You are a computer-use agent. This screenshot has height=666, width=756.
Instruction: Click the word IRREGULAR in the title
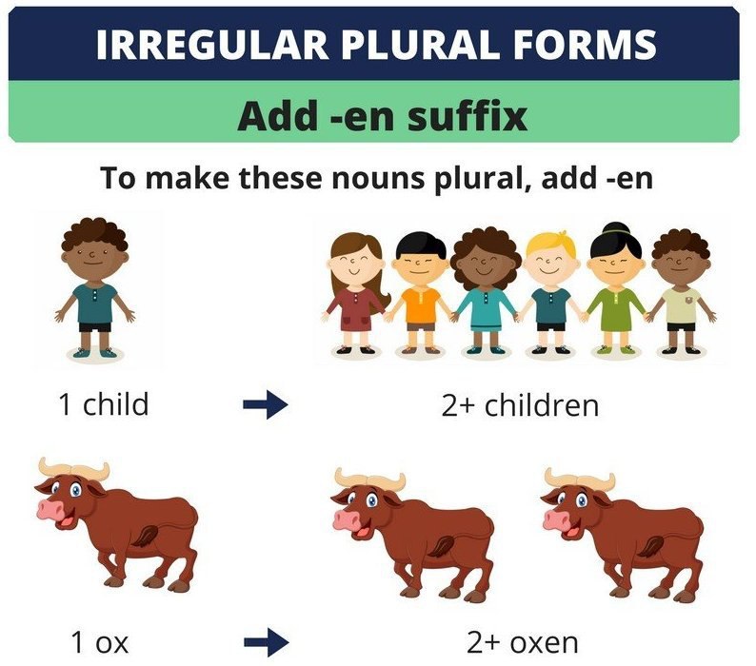tap(212, 45)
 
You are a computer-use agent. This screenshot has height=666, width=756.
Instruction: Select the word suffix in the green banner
tap(468, 116)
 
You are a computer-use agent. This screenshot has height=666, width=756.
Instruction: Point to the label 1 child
tap(103, 403)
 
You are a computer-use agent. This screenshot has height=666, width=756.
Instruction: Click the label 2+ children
tap(520, 405)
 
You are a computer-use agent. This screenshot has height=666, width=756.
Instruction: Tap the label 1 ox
tap(100, 642)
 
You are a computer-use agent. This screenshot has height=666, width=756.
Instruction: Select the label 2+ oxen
tap(523, 642)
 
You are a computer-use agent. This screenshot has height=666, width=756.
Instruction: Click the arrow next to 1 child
tap(266, 404)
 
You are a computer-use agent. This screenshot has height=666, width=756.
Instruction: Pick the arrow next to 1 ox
tap(267, 642)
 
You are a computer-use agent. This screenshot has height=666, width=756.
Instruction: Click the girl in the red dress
tap(356, 293)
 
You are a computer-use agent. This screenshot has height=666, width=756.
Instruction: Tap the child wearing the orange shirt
tap(420, 293)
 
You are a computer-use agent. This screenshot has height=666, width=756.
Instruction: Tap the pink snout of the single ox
tap(50, 509)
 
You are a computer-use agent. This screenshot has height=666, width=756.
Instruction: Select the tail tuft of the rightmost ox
tap(650, 547)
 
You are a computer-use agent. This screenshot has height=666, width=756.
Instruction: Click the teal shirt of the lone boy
tap(95, 304)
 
